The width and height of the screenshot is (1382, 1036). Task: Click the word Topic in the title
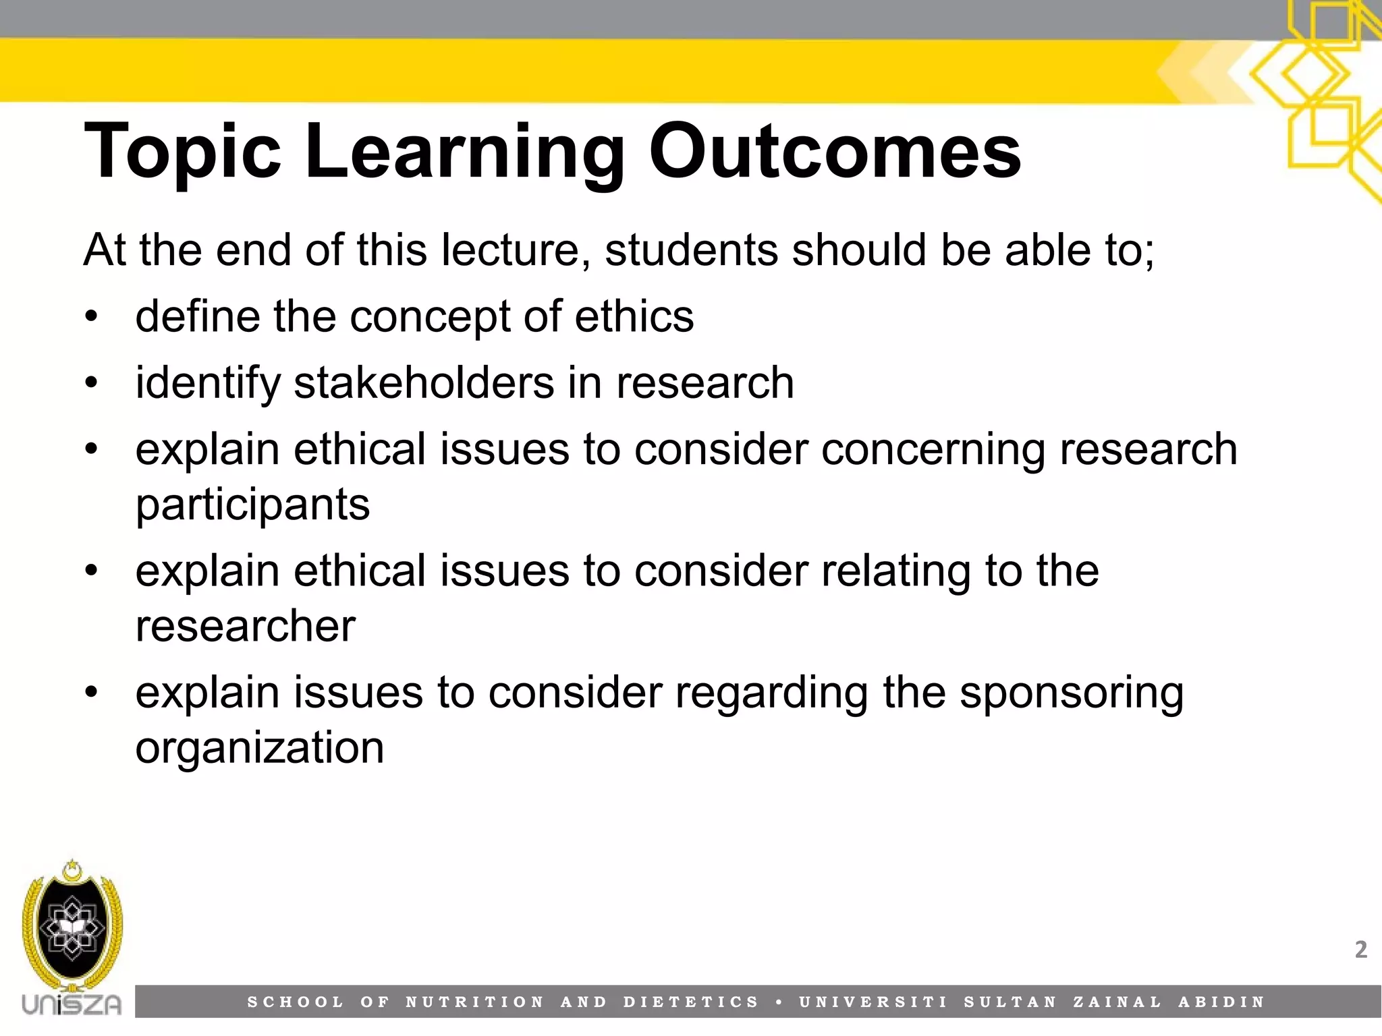coord(182,152)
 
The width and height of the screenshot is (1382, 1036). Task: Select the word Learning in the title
coord(465,152)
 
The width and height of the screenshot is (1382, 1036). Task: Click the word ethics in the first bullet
coord(634,316)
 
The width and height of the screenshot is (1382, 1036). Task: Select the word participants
coord(252,505)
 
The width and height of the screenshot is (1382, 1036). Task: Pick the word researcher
coord(245,626)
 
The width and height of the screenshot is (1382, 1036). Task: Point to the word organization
coord(260,747)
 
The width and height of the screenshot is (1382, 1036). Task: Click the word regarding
coord(771,693)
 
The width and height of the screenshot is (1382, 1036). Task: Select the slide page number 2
coord(1360,950)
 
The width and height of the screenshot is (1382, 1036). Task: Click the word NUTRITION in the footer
coord(474,1002)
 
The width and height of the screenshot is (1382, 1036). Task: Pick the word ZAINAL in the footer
coord(1117,1002)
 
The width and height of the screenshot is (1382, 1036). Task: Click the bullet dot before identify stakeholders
coord(92,383)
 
